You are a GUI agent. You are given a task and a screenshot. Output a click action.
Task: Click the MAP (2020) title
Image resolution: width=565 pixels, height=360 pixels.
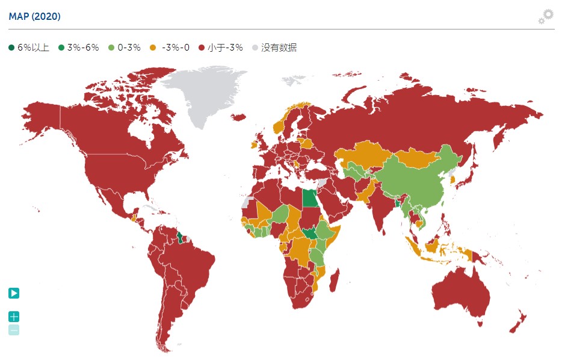35,16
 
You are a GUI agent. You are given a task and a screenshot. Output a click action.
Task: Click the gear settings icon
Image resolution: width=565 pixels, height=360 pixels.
545,16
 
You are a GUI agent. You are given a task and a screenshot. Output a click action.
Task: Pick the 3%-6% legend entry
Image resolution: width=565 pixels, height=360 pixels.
79,48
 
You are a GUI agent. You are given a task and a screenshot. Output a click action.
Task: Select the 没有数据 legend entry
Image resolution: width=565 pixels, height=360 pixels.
274,48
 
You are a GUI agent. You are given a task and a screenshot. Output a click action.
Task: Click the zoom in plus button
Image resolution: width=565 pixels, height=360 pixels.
14,317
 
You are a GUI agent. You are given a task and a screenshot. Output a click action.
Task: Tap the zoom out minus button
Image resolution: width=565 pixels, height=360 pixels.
14,330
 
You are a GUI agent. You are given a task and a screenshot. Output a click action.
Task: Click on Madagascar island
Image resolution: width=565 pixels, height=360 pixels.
335,281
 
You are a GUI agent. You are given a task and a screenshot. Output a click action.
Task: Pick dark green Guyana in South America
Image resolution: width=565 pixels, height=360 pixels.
179,236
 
